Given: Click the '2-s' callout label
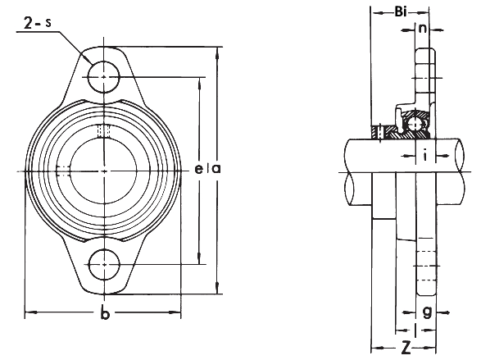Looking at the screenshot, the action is (x=37, y=23).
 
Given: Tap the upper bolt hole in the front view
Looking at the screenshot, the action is (x=104, y=77).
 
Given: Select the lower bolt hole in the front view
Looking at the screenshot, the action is (x=104, y=264).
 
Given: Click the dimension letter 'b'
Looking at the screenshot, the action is (x=105, y=313).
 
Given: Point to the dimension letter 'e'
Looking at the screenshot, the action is (x=199, y=168).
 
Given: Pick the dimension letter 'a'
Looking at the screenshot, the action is (x=216, y=168).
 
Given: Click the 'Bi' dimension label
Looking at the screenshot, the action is (x=401, y=12).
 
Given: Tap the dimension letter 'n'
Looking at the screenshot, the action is (x=423, y=29).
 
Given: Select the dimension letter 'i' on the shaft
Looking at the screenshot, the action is (x=425, y=155).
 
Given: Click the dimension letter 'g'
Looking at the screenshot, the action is (x=427, y=312).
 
